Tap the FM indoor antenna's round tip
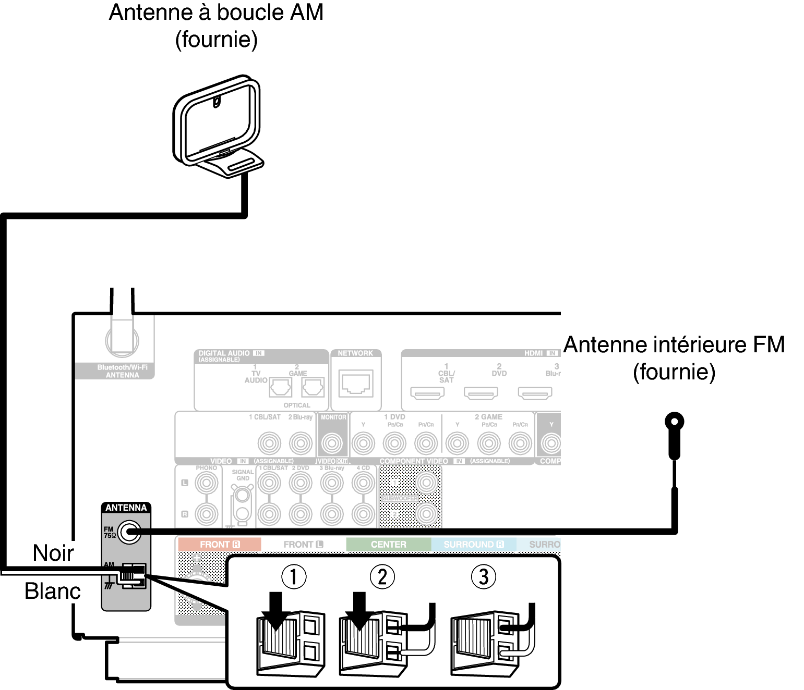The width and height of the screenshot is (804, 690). tap(674, 421)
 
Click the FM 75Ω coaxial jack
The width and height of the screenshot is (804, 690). tap(128, 532)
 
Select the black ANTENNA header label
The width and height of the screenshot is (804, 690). tap(126, 508)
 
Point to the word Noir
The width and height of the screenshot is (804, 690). tap(53, 553)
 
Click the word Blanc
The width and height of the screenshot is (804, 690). tap(53, 591)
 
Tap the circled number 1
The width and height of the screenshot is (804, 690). tap(294, 577)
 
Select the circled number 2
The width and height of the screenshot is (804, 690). tap(382, 577)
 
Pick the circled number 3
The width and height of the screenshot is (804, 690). tap(483, 577)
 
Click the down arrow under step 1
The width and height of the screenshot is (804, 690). tap(277, 610)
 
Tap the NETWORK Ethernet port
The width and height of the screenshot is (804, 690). tap(356, 384)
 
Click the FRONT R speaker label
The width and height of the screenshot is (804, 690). tap(219, 545)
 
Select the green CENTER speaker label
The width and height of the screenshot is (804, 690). tap(389, 545)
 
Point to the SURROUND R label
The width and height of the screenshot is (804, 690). tap(474, 545)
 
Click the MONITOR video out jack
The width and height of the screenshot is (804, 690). tap(332, 443)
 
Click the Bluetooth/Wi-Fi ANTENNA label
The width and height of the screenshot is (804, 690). tap(122, 371)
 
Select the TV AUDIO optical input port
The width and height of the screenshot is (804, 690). tap(280, 387)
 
